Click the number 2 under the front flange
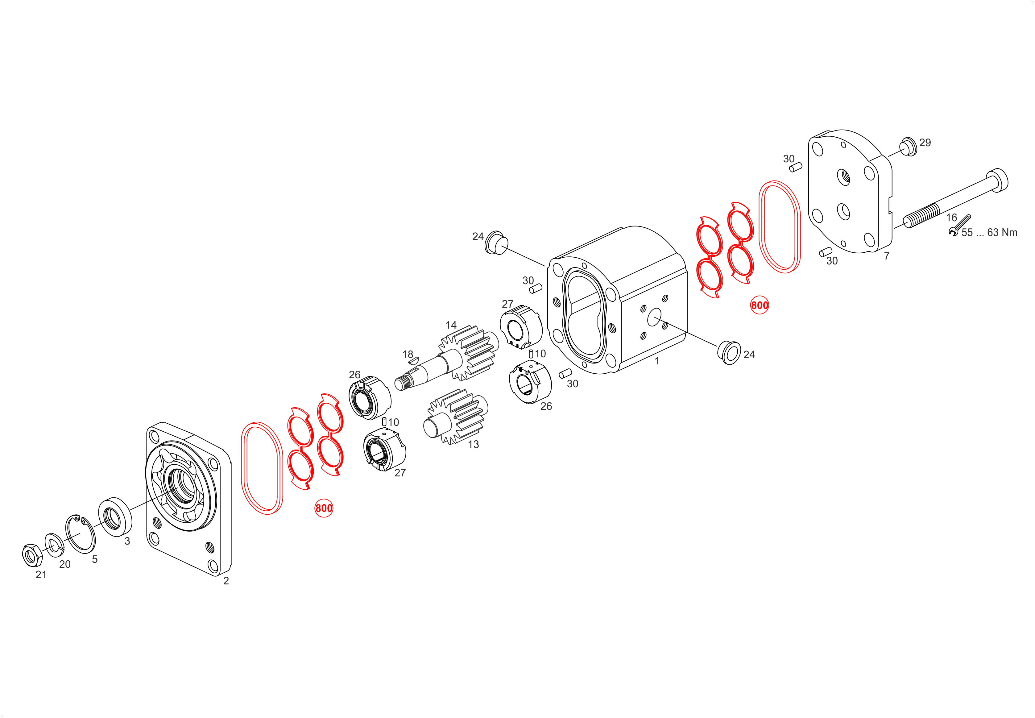[x=226, y=581]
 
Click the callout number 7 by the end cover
[x=887, y=256]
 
